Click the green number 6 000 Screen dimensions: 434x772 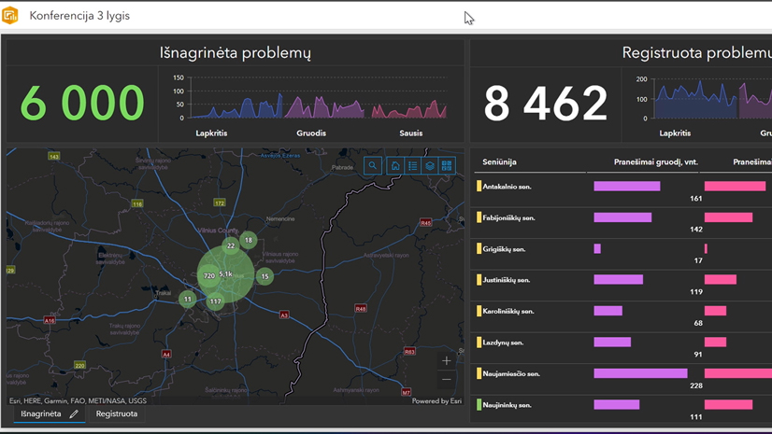click(82, 104)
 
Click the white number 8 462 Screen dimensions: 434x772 click(546, 104)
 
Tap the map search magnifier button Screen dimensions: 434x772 click(373, 165)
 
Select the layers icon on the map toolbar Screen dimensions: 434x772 click(430, 165)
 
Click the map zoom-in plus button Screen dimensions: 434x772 click(447, 360)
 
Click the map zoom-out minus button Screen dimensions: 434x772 click(447, 380)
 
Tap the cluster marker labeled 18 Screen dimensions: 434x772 click(248, 240)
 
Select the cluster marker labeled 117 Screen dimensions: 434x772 click(216, 301)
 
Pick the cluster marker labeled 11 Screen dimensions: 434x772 click(188, 299)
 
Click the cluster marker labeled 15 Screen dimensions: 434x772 click(264, 276)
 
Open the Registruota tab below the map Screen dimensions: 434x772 click(117, 413)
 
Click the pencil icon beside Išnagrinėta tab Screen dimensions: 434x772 click(74, 413)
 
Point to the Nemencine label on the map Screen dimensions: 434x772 click(280, 218)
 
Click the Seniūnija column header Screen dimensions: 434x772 click(499, 162)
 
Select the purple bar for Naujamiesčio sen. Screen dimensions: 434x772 click(640, 373)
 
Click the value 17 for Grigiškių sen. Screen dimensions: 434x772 click(697, 260)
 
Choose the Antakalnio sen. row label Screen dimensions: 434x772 click(508, 187)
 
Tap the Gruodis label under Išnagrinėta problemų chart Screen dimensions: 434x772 click(311, 133)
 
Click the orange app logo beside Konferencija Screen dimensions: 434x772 click(11, 15)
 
